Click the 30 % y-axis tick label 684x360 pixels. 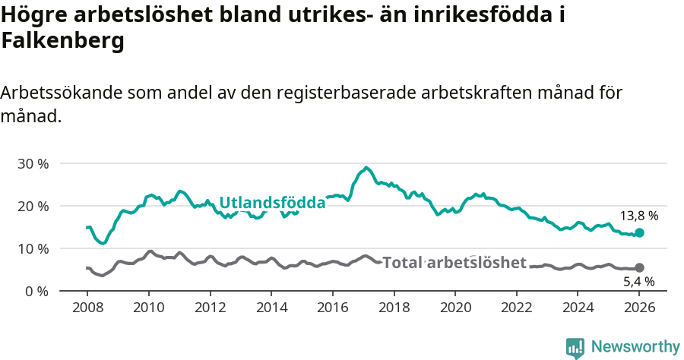click(x=33, y=163)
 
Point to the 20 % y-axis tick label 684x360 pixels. click(x=33, y=206)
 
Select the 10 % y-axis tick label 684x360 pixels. click(x=33, y=248)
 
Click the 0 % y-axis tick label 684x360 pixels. click(x=36, y=291)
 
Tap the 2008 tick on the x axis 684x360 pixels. click(x=87, y=308)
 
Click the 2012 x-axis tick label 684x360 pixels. click(x=210, y=308)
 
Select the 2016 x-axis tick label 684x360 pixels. click(x=332, y=308)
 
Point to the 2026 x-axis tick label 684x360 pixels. click(x=639, y=308)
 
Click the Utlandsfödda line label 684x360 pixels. click(x=272, y=203)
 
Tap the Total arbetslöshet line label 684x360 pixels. click(x=454, y=263)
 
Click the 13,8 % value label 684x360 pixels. click(x=639, y=216)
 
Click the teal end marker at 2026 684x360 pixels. click(x=639, y=232)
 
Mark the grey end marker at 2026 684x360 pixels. click(x=639, y=268)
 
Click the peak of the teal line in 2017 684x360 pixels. click(x=366, y=168)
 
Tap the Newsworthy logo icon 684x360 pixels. click(x=575, y=347)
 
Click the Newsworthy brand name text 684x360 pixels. click(x=635, y=347)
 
